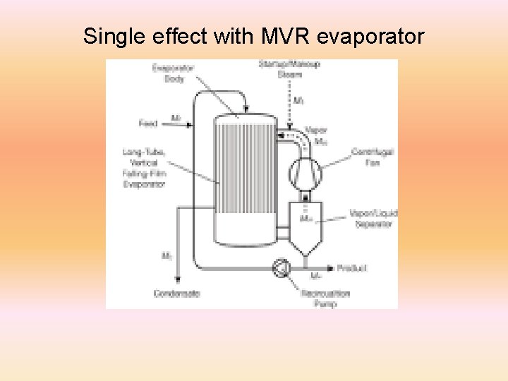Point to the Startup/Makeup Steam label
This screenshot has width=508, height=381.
pos(289,69)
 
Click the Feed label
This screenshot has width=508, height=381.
pos(148,123)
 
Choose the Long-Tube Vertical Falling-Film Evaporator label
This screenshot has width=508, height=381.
pos(144,168)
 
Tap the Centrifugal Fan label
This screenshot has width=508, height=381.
pos(373,157)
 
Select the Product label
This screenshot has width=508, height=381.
pos(352,268)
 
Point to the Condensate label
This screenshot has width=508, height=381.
pos(177,293)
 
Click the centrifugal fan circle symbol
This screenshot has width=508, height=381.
pos(306,171)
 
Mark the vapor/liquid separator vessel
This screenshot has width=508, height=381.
pos(306,226)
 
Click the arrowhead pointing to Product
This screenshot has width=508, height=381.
pos(331,268)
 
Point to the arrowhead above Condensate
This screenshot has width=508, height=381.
pos(177,281)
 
